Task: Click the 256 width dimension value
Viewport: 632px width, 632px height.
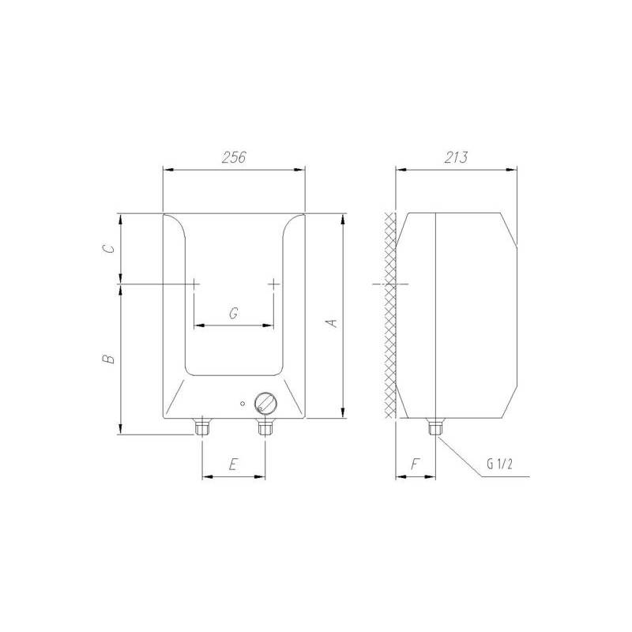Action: [x=233, y=157]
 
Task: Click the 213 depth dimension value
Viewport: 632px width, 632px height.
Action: [x=455, y=157]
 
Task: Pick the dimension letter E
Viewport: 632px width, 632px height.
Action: [x=233, y=465]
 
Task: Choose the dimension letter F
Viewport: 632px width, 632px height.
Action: [x=415, y=465]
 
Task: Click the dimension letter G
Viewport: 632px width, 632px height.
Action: [x=234, y=314]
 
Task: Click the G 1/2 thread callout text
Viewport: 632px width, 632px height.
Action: [x=502, y=465]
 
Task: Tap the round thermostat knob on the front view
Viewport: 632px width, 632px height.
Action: [x=266, y=404]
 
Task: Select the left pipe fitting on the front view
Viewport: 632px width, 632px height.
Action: [x=202, y=427]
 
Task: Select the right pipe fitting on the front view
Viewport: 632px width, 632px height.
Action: [x=265, y=427]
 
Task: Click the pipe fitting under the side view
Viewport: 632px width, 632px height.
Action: [x=434, y=427]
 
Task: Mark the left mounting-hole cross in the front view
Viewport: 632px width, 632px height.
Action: [x=194, y=283]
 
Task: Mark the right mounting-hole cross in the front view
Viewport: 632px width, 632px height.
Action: [x=273, y=283]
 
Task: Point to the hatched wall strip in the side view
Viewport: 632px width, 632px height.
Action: [x=389, y=316]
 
